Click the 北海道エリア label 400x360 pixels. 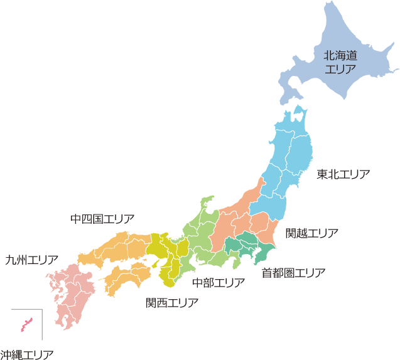coord(340,61)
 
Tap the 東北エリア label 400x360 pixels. coord(343,174)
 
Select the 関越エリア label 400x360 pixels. coord(311,234)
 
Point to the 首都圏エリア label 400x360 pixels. coord(293,273)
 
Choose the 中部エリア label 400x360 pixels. coord(218,283)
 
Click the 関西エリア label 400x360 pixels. coord(172,303)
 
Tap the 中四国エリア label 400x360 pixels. coord(102,220)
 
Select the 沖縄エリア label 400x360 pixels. coord(26,354)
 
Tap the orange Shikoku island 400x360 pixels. coord(126,276)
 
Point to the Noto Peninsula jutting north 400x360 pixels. coord(205,203)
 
